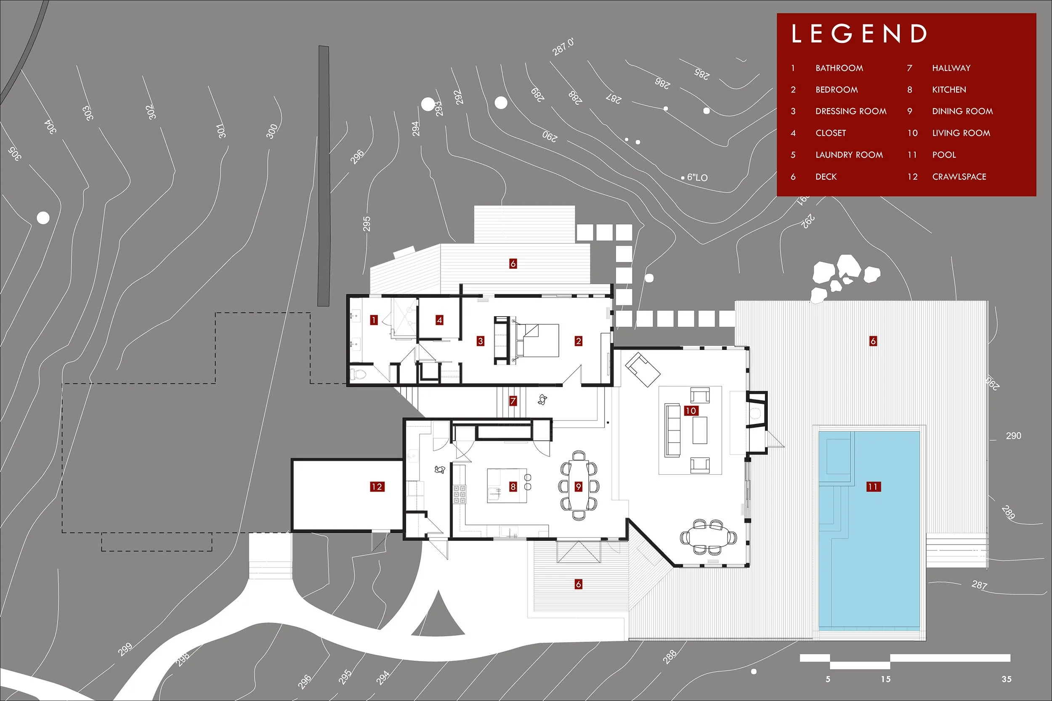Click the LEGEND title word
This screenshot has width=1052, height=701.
click(x=859, y=34)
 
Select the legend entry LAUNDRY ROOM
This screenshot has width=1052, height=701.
click(x=849, y=155)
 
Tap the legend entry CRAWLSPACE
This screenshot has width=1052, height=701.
click(x=959, y=177)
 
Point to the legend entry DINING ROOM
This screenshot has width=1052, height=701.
click(x=962, y=111)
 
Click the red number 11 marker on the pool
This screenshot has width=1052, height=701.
click(x=873, y=487)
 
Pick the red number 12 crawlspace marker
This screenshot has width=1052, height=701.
click(x=377, y=487)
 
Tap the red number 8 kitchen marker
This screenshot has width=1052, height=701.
click(x=513, y=487)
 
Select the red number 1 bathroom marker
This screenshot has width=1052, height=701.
click(x=374, y=320)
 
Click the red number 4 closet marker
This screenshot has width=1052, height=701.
click(x=439, y=320)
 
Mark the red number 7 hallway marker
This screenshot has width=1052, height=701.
click(x=513, y=401)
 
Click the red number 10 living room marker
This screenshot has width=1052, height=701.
click(x=691, y=410)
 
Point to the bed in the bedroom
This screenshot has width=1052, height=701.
click(x=537, y=340)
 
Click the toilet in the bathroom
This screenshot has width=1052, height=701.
click(x=358, y=373)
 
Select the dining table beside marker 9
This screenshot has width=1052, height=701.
click(x=579, y=486)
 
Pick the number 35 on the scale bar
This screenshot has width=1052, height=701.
click(x=1007, y=679)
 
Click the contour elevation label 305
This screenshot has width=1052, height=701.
click(x=14, y=153)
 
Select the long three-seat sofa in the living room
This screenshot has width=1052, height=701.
click(x=672, y=430)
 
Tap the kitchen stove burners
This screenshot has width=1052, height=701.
click(x=460, y=494)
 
